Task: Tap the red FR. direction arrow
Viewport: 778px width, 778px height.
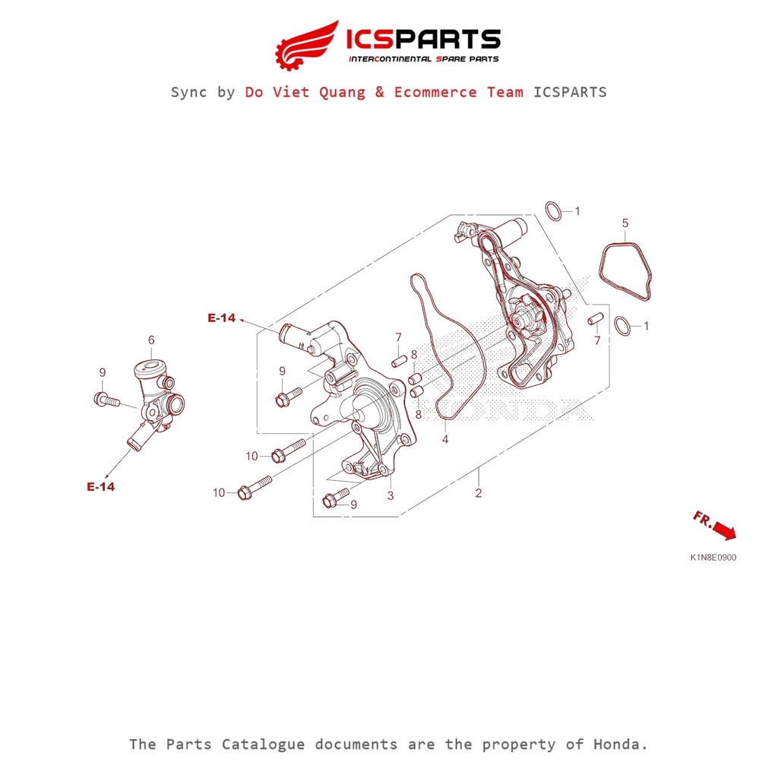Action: (724, 531)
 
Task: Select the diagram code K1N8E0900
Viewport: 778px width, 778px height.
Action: (713, 558)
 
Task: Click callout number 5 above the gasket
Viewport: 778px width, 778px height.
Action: (625, 223)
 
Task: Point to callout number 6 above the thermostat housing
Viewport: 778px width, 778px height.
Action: (151, 340)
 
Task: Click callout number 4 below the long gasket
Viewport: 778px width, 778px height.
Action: (445, 439)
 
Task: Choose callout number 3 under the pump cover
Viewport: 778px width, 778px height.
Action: (391, 495)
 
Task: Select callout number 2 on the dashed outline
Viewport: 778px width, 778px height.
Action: (479, 492)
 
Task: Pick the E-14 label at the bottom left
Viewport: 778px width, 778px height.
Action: (101, 487)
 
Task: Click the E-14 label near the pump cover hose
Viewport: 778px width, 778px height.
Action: (221, 318)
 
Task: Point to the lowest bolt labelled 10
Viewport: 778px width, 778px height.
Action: (255, 488)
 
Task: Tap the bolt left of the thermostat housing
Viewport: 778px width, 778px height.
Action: (106, 400)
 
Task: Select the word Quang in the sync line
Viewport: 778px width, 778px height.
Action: (342, 92)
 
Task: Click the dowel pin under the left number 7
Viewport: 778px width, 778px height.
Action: (400, 362)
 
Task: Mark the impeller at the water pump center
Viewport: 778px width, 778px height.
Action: (524, 317)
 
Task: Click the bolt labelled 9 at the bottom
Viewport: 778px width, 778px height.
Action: (336, 498)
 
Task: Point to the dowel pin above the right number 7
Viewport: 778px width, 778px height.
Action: (596, 318)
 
